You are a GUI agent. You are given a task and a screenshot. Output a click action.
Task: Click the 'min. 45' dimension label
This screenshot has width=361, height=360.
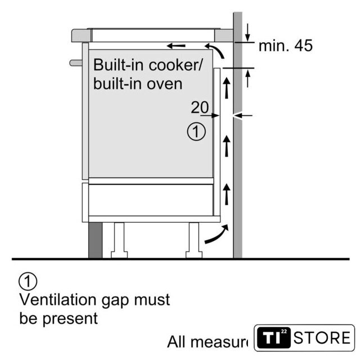285,46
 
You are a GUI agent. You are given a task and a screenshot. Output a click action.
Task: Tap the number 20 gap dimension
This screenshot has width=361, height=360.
199,107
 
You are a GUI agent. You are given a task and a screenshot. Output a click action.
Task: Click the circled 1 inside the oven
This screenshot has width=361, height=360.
195,132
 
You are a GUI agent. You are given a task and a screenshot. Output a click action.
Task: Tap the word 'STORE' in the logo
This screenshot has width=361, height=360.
323,338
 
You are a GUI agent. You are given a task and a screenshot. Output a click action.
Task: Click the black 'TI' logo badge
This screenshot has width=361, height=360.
272,338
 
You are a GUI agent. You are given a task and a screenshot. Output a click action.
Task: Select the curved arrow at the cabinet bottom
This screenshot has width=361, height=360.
216,235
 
